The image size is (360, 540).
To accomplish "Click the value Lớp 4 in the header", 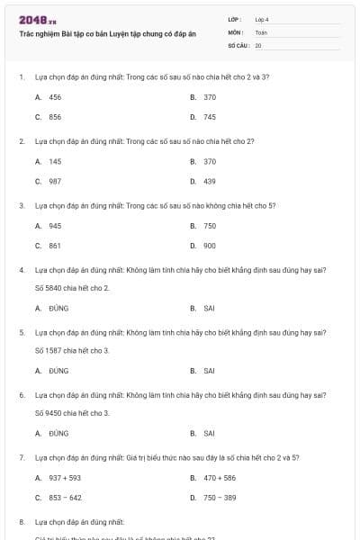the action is pyautogui.click(x=262, y=19).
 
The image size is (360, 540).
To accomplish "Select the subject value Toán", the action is pyautogui.click(x=261, y=31).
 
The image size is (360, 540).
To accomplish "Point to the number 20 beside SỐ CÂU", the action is pyautogui.click(x=258, y=44).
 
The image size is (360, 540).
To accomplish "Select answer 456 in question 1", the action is pyautogui.click(x=55, y=96).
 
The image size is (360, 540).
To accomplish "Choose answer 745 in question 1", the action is pyautogui.click(x=210, y=117).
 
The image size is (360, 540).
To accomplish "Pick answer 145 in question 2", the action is pyautogui.click(x=55, y=161).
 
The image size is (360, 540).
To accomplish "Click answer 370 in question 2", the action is pyautogui.click(x=210, y=161).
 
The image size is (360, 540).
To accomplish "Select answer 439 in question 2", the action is pyautogui.click(x=210, y=181).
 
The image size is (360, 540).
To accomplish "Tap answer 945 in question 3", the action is pyautogui.click(x=55, y=226).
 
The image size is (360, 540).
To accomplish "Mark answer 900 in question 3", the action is pyautogui.click(x=210, y=246).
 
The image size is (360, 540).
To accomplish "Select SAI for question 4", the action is pyautogui.click(x=209, y=308).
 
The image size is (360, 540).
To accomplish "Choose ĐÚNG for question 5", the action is pyautogui.click(x=58, y=370).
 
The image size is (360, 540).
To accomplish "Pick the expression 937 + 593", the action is pyautogui.click(x=65, y=478).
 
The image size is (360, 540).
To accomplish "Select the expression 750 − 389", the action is pyautogui.click(x=220, y=498).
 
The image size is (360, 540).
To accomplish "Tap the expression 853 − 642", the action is pyautogui.click(x=65, y=498).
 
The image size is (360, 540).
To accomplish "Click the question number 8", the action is pyautogui.click(x=22, y=521).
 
